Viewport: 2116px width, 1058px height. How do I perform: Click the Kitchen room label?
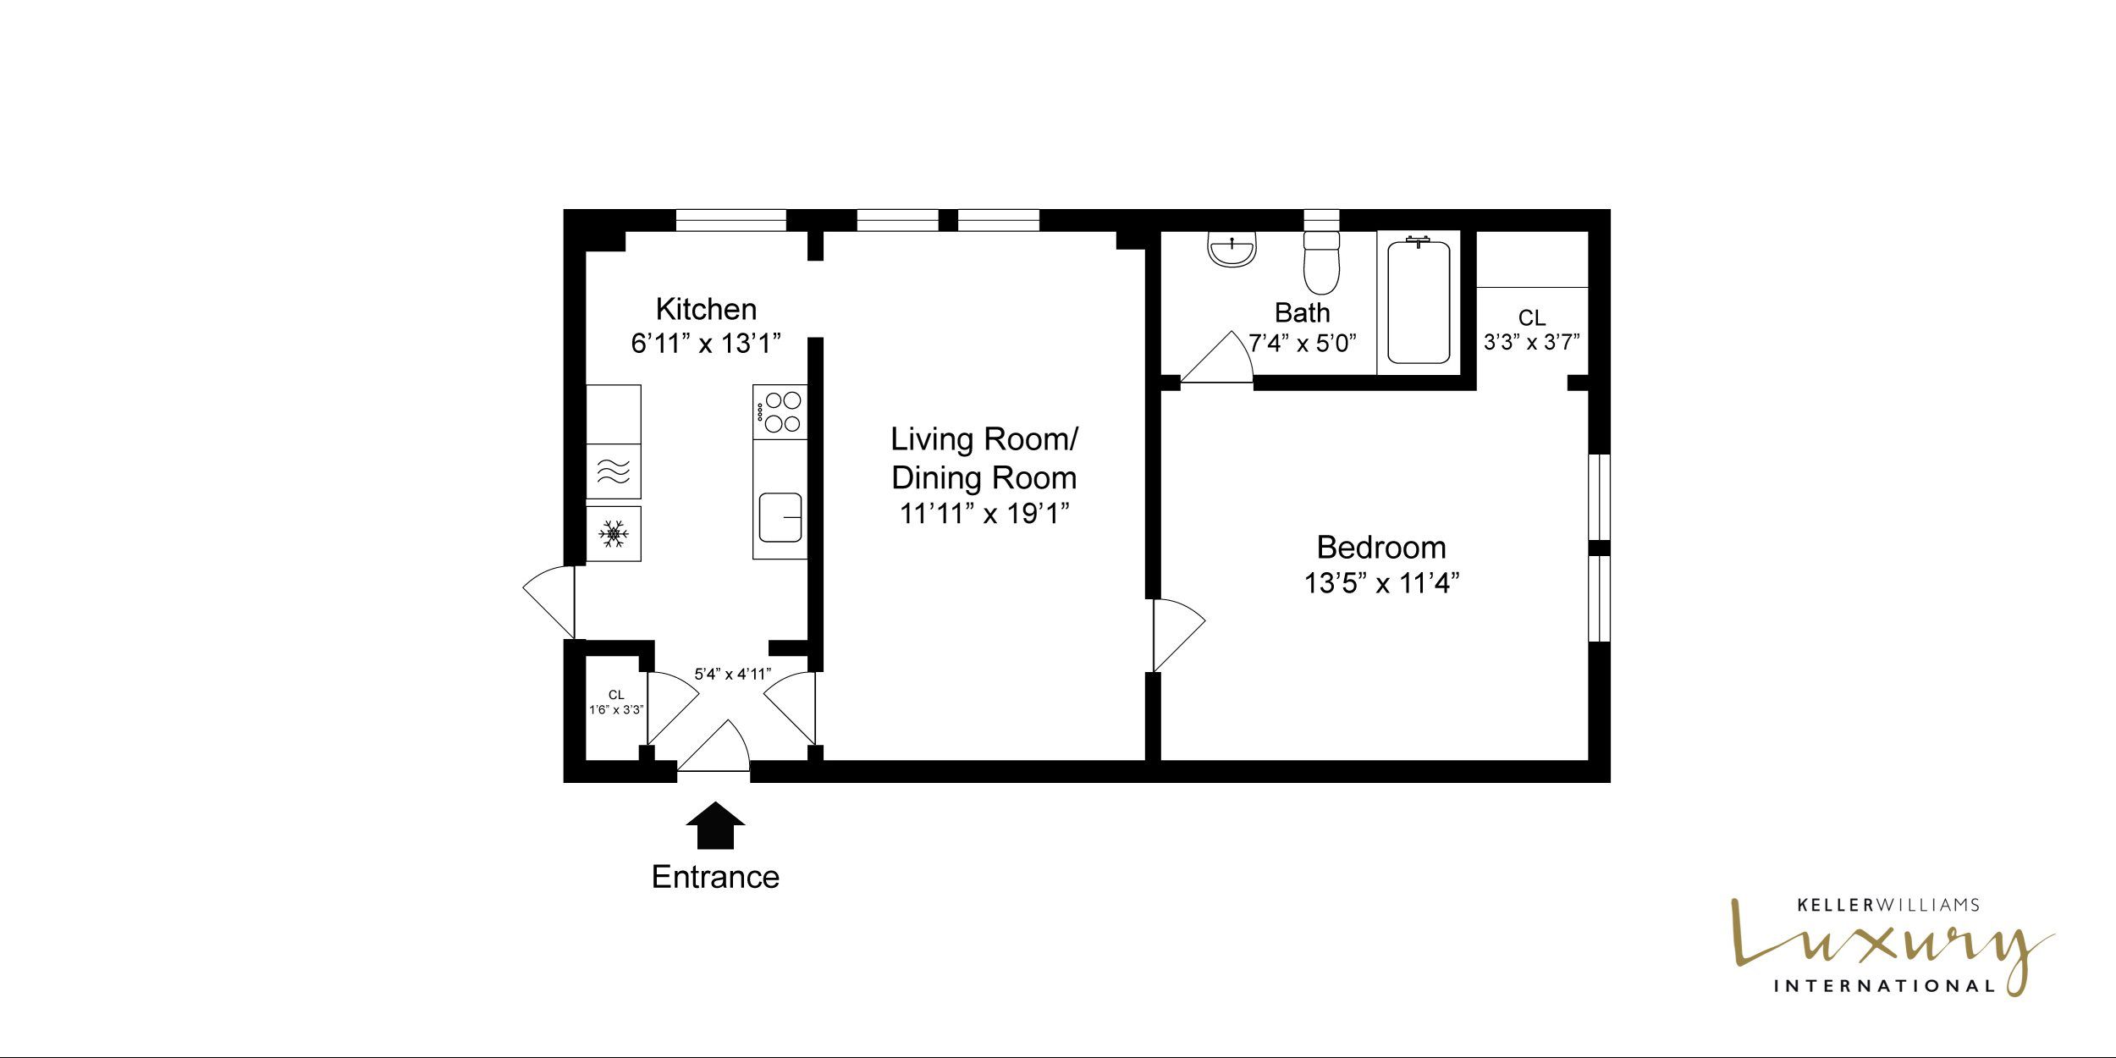click(706, 310)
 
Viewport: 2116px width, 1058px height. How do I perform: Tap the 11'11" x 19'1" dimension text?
click(984, 514)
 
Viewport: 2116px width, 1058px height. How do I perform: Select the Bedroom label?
click(1381, 548)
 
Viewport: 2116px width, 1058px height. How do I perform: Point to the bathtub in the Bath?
click(1419, 302)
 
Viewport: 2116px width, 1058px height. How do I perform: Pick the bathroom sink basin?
click(1232, 251)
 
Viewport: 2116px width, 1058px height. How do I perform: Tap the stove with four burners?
click(780, 412)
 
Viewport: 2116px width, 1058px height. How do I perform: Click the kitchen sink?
click(780, 517)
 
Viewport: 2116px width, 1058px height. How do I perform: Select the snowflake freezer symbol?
click(614, 533)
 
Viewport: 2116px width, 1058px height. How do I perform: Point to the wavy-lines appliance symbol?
click(614, 471)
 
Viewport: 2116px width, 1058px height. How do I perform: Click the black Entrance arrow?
click(715, 825)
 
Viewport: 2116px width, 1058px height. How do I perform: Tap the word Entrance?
click(715, 877)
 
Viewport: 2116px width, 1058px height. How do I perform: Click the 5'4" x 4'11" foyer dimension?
click(733, 674)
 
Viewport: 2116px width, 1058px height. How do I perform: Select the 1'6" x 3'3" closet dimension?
click(616, 709)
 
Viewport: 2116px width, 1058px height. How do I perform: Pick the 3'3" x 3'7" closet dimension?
click(1532, 342)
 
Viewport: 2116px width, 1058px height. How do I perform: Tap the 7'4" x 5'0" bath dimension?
click(1303, 343)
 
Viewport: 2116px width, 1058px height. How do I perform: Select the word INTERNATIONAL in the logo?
click(1884, 986)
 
